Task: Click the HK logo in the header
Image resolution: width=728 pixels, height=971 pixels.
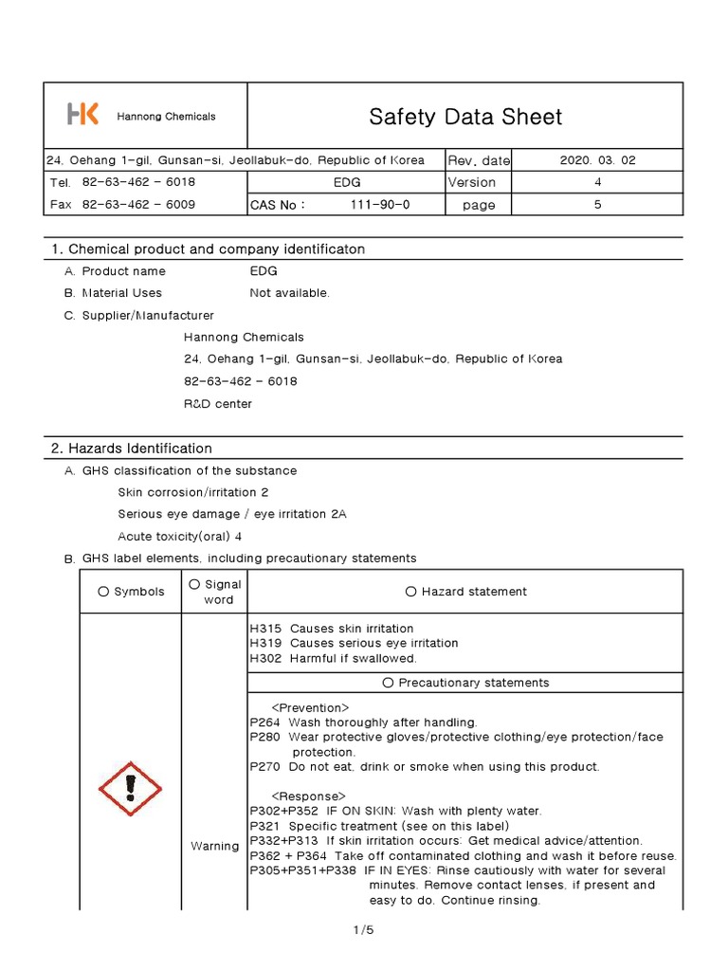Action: click(x=82, y=116)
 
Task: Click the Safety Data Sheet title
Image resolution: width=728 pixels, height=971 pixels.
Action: click(x=464, y=117)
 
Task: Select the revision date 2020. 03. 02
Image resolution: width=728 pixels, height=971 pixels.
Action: click(x=597, y=160)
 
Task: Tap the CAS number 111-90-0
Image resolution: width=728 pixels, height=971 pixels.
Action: click(x=380, y=204)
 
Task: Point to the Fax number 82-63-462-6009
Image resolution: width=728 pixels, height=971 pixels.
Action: click(x=138, y=204)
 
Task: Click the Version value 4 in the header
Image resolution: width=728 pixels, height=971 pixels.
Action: click(x=597, y=182)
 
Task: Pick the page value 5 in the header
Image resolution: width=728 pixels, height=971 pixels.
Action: click(x=597, y=204)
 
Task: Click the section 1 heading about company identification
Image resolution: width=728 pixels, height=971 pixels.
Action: click(x=208, y=248)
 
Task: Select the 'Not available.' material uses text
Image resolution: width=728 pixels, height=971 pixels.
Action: click(x=289, y=293)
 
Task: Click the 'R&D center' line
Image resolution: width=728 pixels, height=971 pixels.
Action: click(x=217, y=403)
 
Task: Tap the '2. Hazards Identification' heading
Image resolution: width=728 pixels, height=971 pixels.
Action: click(x=131, y=448)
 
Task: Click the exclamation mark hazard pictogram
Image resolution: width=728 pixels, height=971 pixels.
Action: click(x=131, y=788)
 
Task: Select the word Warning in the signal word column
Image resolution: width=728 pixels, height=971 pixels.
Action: click(x=214, y=846)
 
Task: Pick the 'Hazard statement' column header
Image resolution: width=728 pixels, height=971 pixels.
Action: click(x=465, y=592)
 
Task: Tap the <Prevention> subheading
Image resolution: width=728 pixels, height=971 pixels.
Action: click(x=310, y=707)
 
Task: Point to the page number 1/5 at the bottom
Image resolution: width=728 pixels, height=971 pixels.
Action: click(x=363, y=930)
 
